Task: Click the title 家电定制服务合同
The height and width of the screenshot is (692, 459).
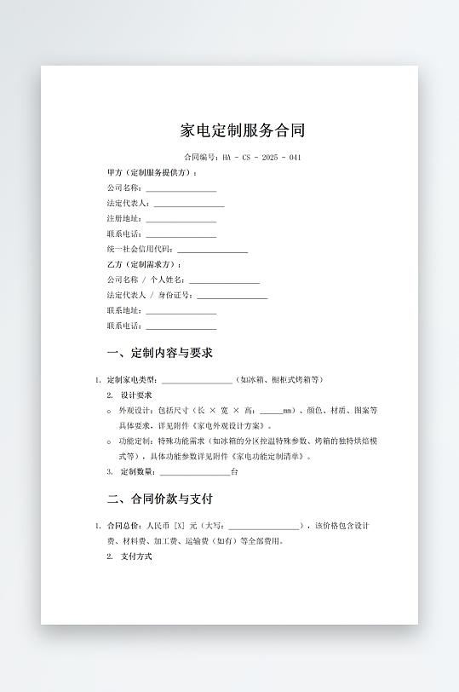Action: pyautogui.click(x=243, y=130)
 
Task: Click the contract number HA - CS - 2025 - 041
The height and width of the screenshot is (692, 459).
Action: pyautogui.click(x=261, y=158)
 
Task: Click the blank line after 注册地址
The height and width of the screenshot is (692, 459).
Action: pyautogui.click(x=181, y=219)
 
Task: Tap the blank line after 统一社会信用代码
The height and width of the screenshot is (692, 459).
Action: pyautogui.click(x=212, y=250)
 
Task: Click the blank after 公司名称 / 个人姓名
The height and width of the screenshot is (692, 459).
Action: pyautogui.click(x=224, y=280)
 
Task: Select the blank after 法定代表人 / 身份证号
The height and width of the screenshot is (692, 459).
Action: pyautogui.click(x=232, y=296)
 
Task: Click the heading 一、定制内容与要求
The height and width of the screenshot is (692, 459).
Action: pyautogui.click(x=159, y=353)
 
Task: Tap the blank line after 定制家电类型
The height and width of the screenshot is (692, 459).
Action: pyautogui.click(x=197, y=380)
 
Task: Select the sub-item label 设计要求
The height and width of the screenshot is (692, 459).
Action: pyautogui.click(x=136, y=395)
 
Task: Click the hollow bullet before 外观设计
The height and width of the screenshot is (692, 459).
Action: pyautogui.click(x=109, y=411)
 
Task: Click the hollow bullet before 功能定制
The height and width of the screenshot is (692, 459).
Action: pyautogui.click(x=109, y=441)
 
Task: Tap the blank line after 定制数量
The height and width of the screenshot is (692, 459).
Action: pyautogui.click(x=194, y=472)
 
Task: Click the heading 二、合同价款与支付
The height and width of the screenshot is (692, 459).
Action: pyautogui.click(x=159, y=499)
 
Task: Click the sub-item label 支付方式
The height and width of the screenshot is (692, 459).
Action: pyautogui.click(x=136, y=556)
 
